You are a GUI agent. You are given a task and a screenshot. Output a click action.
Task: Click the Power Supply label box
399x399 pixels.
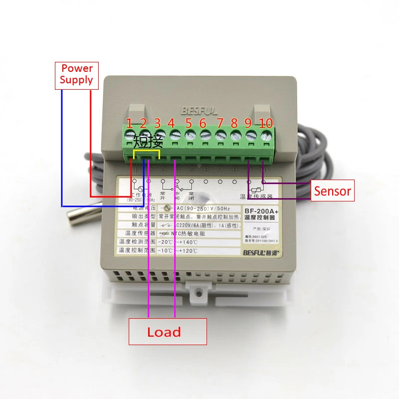[x=76, y=74]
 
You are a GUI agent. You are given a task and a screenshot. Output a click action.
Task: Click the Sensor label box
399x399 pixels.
[x=332, y=191]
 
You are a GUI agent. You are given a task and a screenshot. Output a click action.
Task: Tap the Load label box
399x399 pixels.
[x=167, y=332]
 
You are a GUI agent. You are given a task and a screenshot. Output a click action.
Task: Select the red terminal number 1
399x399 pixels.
[x=130, y=123]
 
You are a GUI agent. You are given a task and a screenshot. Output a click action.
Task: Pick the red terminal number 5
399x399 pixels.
[x=189, y=123]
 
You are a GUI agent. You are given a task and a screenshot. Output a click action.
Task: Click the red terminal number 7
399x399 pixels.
[x=219, y=123]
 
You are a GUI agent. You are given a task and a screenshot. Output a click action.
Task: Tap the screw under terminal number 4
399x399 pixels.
[x=175, y=135]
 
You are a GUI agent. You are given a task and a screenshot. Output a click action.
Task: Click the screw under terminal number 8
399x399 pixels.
[x=234, y=135]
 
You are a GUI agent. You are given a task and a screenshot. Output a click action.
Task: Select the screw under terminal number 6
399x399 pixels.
[x=204, y=135]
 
